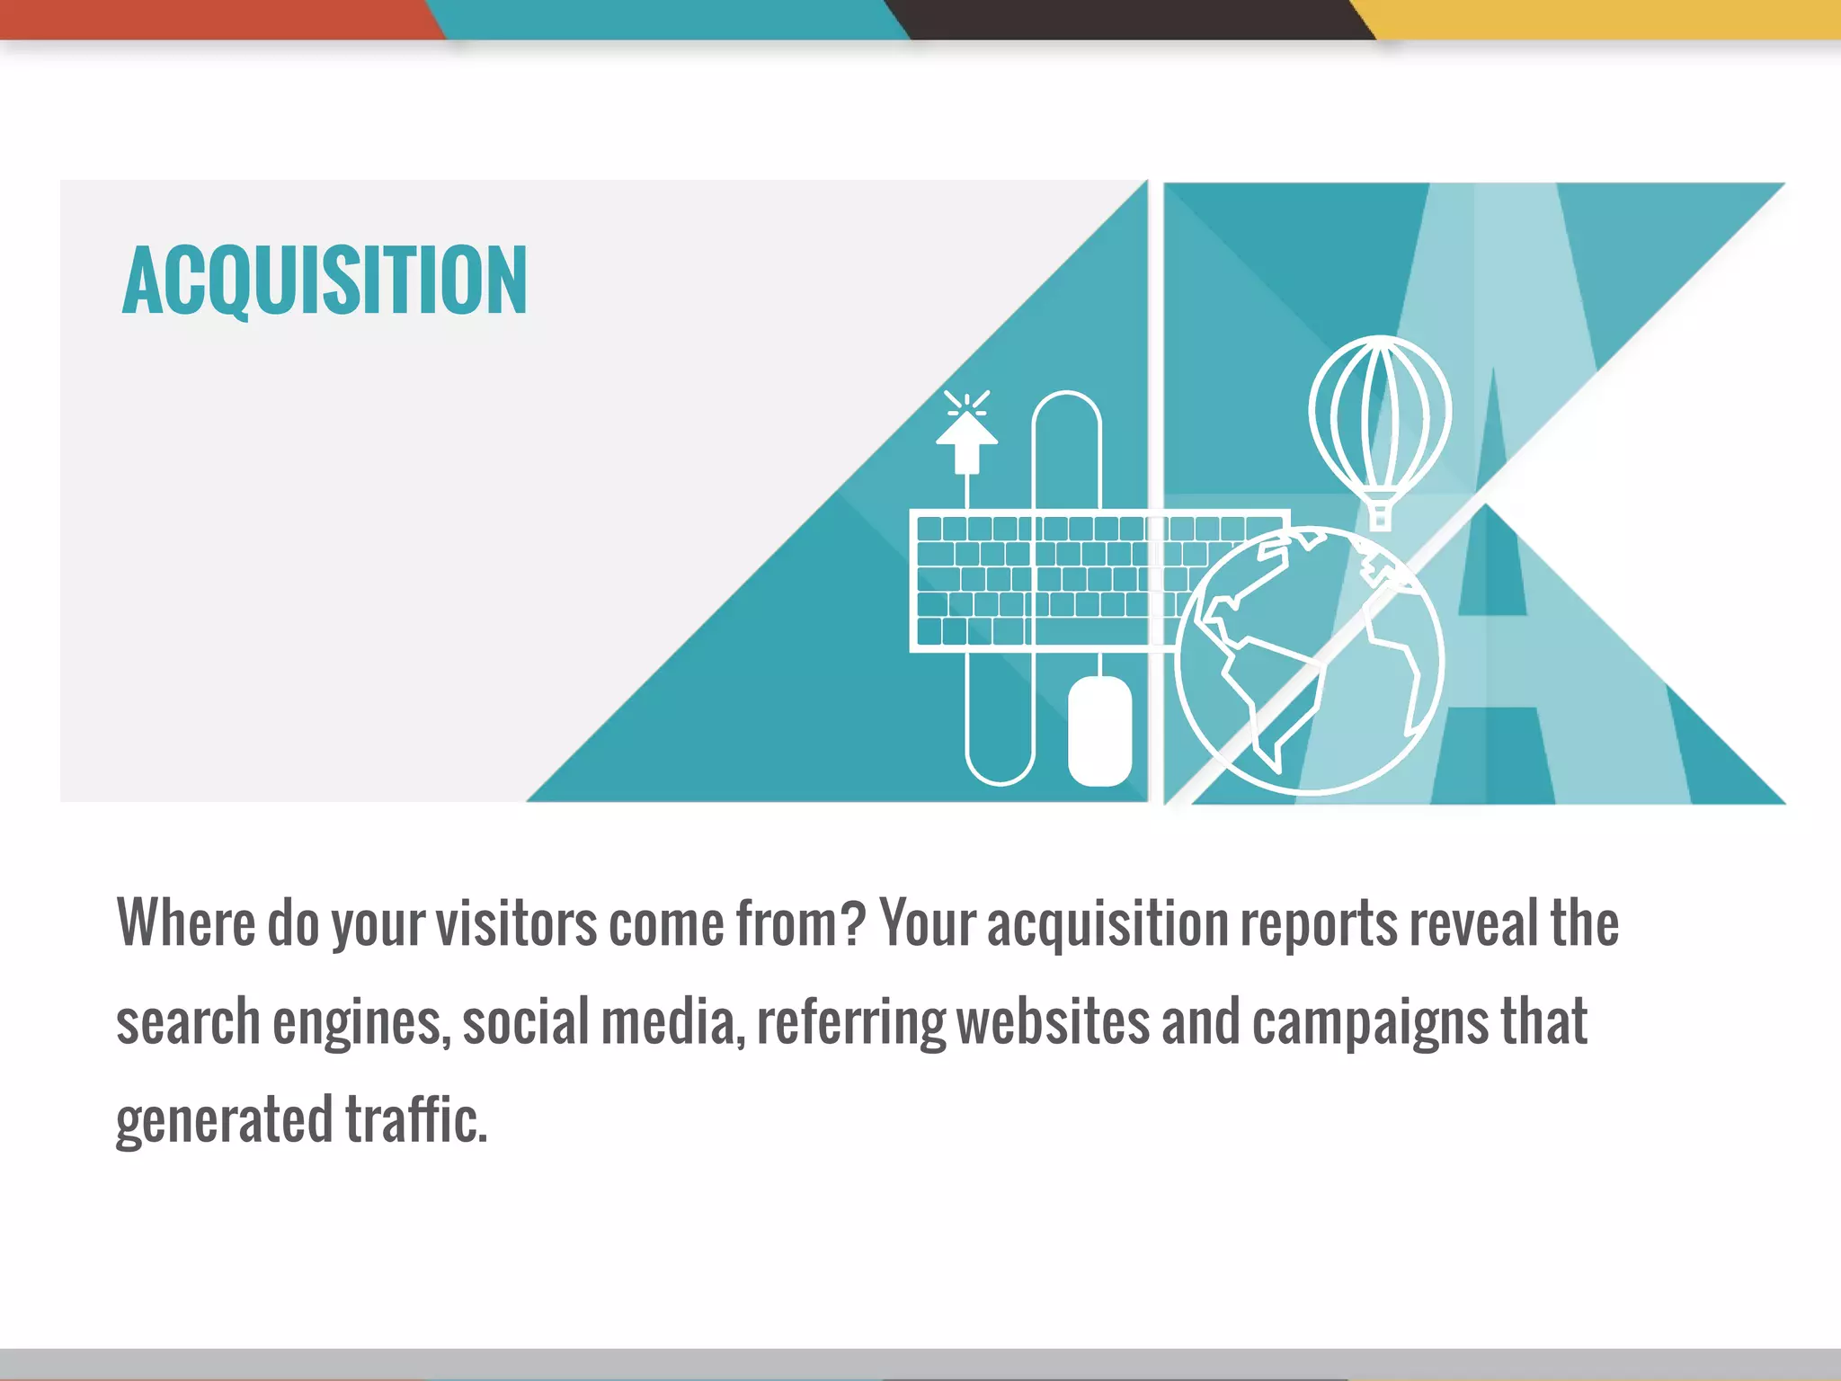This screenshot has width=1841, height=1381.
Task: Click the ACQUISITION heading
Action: (x=325, y=281)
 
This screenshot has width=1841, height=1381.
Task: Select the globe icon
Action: (x=1309, y=661)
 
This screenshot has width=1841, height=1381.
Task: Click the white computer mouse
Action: (x=1099, y=731)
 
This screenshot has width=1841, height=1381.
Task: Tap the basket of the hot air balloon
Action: (x=1380, y=517)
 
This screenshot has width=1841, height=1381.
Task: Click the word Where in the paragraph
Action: (x=186, y=923)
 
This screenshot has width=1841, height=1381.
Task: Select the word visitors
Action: (x=516, y=923)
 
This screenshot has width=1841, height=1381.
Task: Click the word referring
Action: (x=850, y=1023)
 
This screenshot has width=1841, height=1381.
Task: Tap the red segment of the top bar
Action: (x=216, y=19)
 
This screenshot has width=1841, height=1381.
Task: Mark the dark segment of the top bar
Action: (x=1133, y=19)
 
